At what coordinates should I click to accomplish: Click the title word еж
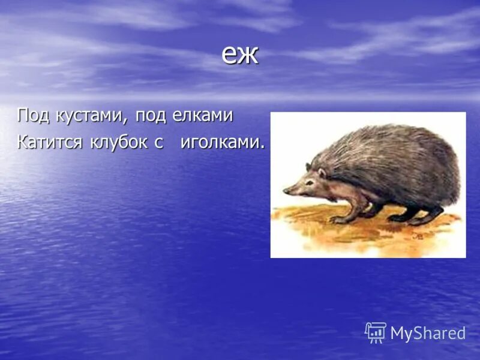[x=239, y=55]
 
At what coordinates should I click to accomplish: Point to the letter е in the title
[x=229, y=56]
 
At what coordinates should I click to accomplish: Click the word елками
[x=205, y=115]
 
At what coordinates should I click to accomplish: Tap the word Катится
[x=50, y=143]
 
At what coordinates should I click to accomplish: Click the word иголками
[x=219, y=143]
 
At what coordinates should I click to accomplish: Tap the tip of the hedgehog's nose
[x=285, y=191]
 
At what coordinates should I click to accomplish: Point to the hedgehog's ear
[x=322, y=173]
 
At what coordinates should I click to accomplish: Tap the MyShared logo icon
[x=376, y=332]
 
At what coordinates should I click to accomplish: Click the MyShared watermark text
[x=428, y=334]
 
